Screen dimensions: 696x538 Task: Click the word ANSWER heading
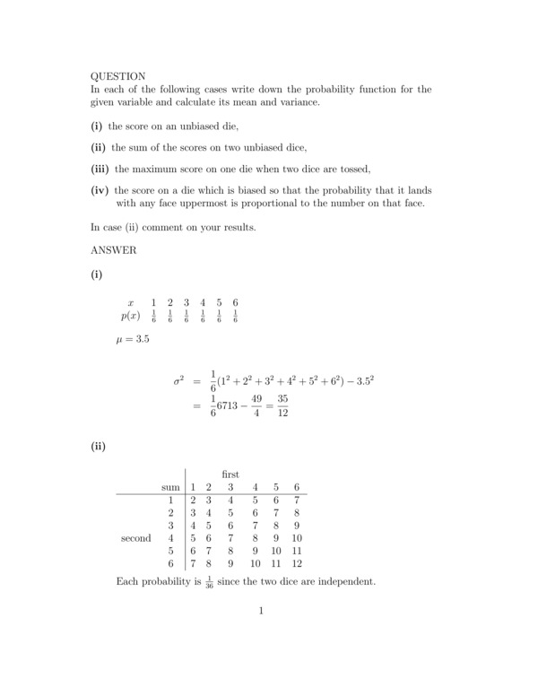(114, 251)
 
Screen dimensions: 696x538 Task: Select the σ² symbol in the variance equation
(179, 380)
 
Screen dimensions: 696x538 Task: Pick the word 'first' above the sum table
(230, 473)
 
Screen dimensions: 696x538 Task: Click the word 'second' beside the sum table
(135, 538)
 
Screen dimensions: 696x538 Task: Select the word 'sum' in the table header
(169, 487)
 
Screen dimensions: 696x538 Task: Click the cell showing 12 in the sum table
(297, 564)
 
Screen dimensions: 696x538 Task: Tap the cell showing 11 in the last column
(297, 552)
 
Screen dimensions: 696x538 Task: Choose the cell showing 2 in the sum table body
(192, 500)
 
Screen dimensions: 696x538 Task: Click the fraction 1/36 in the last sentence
(207, 583)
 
